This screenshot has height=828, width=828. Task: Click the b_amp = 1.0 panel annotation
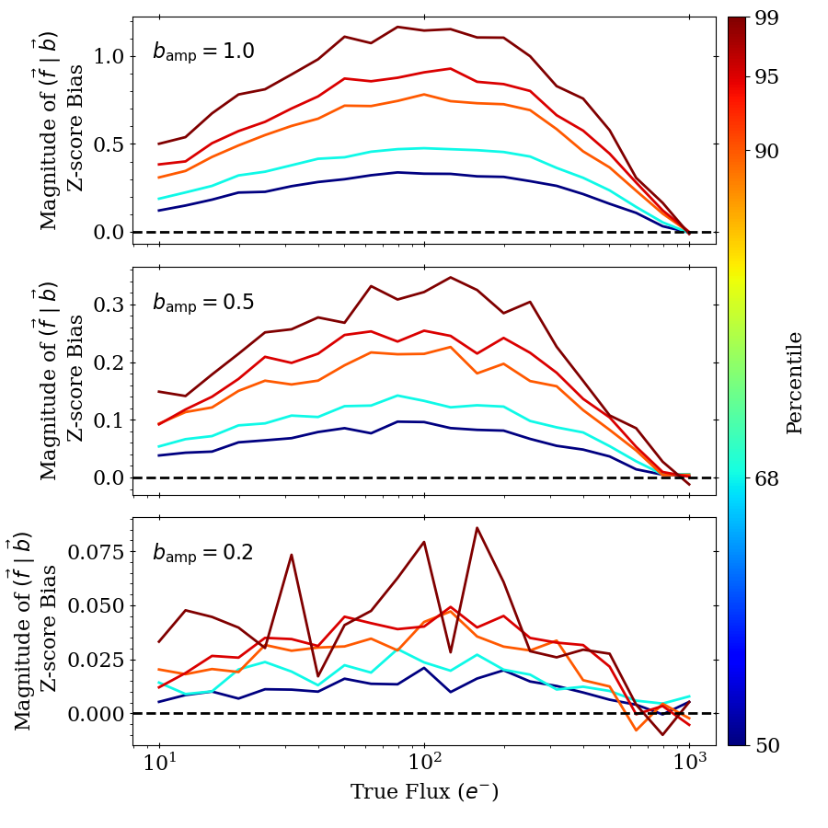pos(203,52)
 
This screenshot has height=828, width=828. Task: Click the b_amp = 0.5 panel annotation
pos(203,303)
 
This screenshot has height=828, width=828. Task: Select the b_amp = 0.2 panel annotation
pos(203,553)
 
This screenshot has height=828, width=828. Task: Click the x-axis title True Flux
pos(424,792)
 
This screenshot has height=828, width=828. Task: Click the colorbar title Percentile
pos(795,382)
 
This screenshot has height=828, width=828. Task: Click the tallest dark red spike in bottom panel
pos(477,528)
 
